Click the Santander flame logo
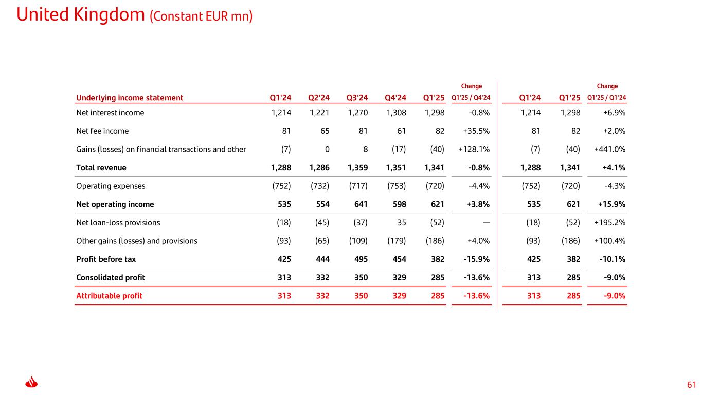click(x=31, y=382)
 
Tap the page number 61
click(x=691, y=385)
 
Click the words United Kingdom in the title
click(x=81, y=15)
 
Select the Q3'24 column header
click(x=357, y=98)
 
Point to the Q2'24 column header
click(x=319, y=98)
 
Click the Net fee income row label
click(x=102, y=131)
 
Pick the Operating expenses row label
click(x=111, y=186)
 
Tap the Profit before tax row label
click(x=106, y=259)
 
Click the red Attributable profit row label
click(x=109, y=296)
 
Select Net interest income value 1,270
click(x=358, y=113)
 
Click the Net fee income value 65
click(x=325, y=131)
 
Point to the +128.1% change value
click(x=474, y=149)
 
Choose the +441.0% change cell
click(x=610, y=149)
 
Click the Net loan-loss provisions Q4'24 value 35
click(x=402, y=223)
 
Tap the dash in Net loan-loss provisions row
click(x=486, y=223)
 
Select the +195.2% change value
click(x=610, y=223)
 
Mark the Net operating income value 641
click(x=361, y=204)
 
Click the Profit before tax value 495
click(x=361, y=259)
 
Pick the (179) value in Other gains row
click(x=397, y=241)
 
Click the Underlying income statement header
click(x=130, y=98)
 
